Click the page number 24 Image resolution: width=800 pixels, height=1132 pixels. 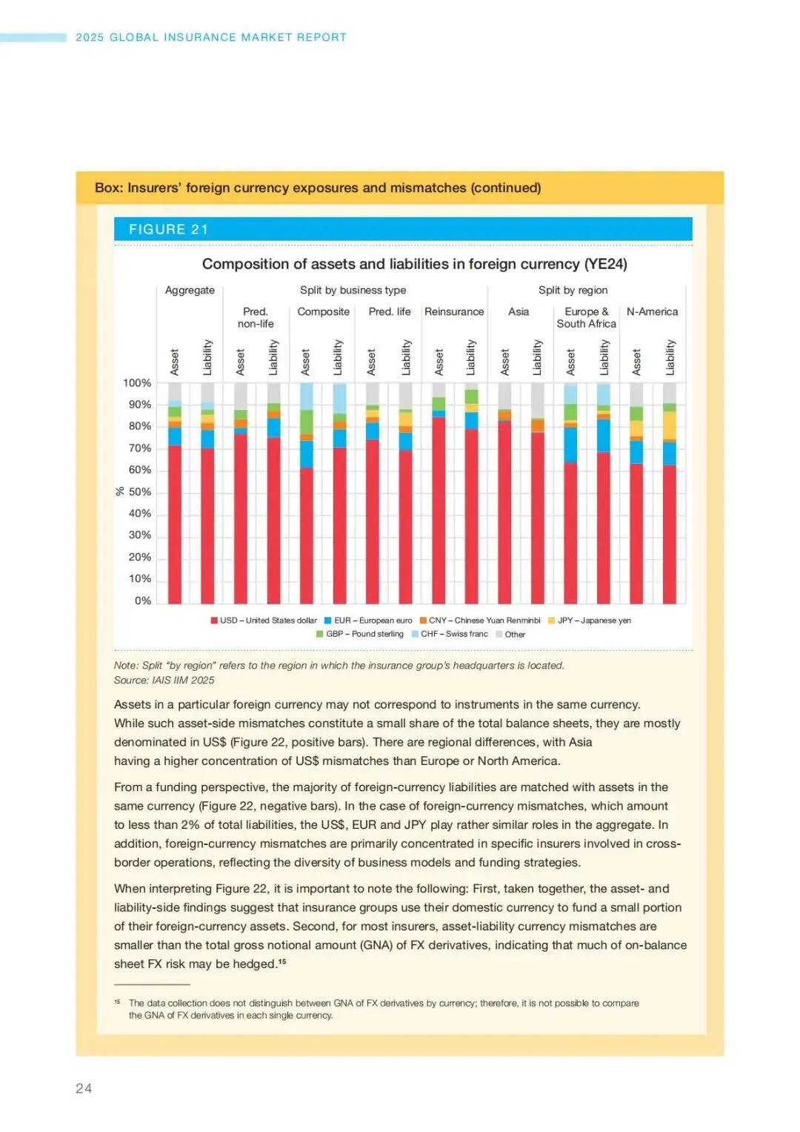pos(84,1088)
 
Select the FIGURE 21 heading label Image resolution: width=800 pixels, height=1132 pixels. pos(168,229)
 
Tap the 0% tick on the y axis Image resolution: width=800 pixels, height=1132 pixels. pos(142,600)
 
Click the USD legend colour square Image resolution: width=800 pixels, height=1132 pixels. pos(214,620)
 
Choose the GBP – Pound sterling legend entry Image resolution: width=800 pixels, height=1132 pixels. pos(360,634)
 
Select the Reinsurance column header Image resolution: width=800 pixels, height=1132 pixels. pos(454,311)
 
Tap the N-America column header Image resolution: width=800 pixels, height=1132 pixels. pos(652,311)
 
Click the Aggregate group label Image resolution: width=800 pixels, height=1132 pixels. pos(190,290)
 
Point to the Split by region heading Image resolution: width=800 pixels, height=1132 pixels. pos(573,290)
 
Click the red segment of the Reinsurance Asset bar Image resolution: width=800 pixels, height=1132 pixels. pos(439,512)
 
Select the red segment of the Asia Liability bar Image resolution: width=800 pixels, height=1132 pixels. pos(537,519)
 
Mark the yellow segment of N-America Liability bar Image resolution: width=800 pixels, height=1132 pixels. pos(670,426)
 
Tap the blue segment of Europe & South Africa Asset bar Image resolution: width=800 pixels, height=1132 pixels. pos(570,445)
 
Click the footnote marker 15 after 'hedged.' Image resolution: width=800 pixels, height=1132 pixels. pos(282,961)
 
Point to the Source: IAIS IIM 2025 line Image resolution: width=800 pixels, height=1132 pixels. pos(164,680)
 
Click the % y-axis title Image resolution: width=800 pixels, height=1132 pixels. pos(120,491)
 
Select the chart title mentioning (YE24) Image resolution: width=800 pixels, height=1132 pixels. pos(414,264)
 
